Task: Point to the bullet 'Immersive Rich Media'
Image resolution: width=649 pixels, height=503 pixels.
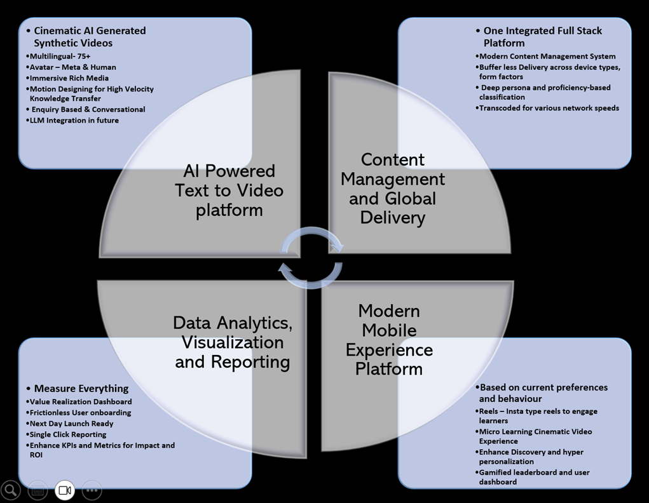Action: coord(69,78)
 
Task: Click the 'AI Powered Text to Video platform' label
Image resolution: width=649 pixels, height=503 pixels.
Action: coord(229,190)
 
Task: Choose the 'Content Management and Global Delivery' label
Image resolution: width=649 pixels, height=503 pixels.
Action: coord(392,189)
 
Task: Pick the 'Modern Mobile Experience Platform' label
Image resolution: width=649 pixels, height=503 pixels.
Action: coord(389,340)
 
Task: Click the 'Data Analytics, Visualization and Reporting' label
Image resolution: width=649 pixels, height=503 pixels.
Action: coord(233,342)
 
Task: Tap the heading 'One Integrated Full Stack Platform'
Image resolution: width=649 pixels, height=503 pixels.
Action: coord(542,37)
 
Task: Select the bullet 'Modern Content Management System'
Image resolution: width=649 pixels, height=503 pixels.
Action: coord(547,57)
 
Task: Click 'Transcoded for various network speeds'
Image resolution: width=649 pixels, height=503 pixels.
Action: coord(549,108)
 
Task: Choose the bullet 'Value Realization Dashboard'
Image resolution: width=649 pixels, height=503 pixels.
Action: coord(81,402)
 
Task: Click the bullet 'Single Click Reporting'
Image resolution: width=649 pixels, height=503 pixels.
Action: coord(68,434)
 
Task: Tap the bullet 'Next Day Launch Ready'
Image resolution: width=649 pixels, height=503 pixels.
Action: coord(71,424)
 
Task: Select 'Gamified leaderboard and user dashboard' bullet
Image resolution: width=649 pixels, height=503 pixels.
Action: coord(533,477)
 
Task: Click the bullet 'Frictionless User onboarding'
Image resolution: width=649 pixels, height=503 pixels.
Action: coord(80,413)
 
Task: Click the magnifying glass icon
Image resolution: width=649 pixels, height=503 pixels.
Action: coord(11,490)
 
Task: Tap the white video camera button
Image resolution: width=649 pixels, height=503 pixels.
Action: coord(64,490)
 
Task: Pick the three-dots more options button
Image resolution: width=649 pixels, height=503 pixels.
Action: coord(92,490)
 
